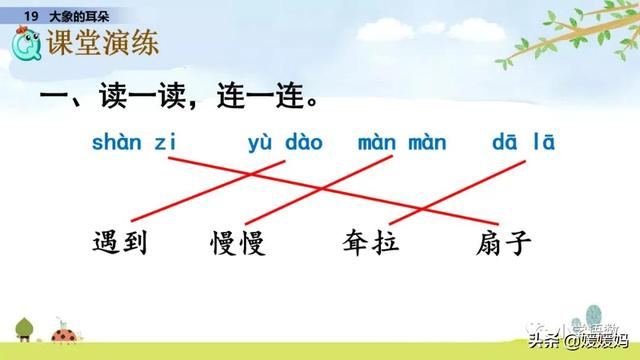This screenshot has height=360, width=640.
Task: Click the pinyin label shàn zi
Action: [x=134, y=142]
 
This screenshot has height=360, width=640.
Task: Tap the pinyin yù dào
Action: [x=285, y=142]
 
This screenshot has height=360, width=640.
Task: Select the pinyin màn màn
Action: [x=402, y=142]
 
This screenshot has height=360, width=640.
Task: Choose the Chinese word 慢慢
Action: [x=238, y=242]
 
